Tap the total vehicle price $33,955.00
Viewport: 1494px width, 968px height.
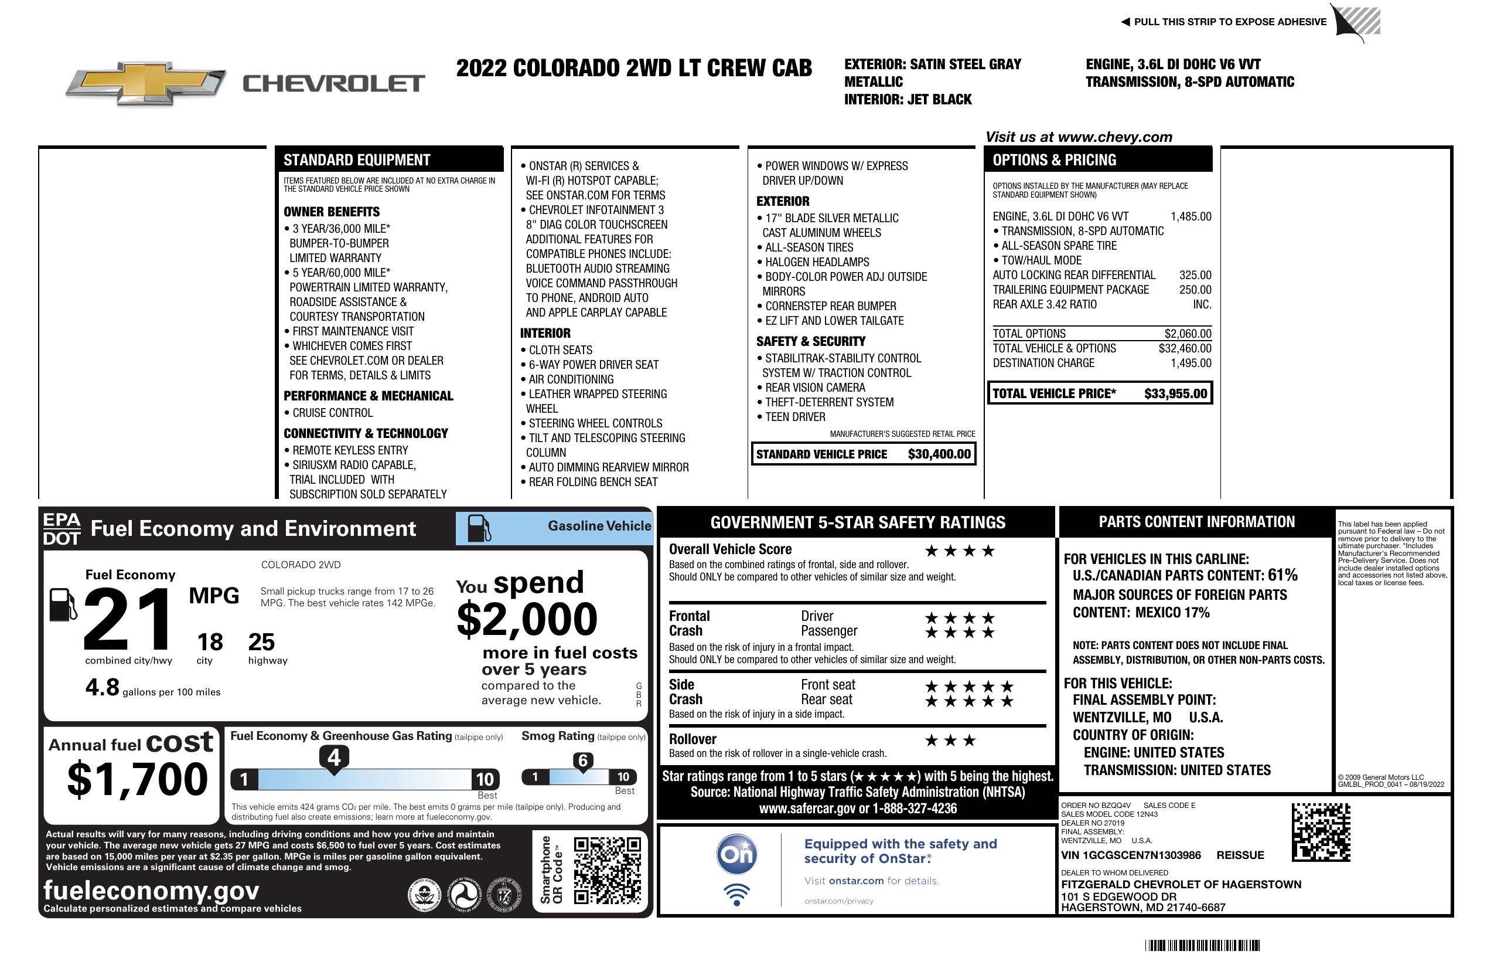[1175, 394]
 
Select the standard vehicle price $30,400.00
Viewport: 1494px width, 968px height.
[939, 454]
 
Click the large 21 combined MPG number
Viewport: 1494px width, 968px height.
[128, 619]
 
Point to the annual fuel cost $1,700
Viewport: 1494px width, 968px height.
[137, 779]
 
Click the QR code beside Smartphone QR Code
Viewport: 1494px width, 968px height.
[607, 870]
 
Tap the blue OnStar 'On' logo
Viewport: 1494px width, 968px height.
[736, 854]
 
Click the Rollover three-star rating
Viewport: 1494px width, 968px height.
[950, 741]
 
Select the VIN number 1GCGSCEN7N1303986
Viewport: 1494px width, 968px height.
[1131, 855]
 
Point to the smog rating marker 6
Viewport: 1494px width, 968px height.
[582, 760]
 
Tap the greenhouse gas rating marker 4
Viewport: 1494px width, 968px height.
[334, 758]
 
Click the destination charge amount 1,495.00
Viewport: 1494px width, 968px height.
[1191, 363]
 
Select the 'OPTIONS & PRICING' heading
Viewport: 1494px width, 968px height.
[1054, 160]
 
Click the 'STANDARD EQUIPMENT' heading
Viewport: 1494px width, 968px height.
[357, 160]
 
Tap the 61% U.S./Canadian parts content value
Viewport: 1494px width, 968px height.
[1282, 575]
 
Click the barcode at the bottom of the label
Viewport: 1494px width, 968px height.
[1202, 945]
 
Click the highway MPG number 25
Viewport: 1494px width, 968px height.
[261, 642]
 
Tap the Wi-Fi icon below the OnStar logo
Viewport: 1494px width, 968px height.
[736, 895]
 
